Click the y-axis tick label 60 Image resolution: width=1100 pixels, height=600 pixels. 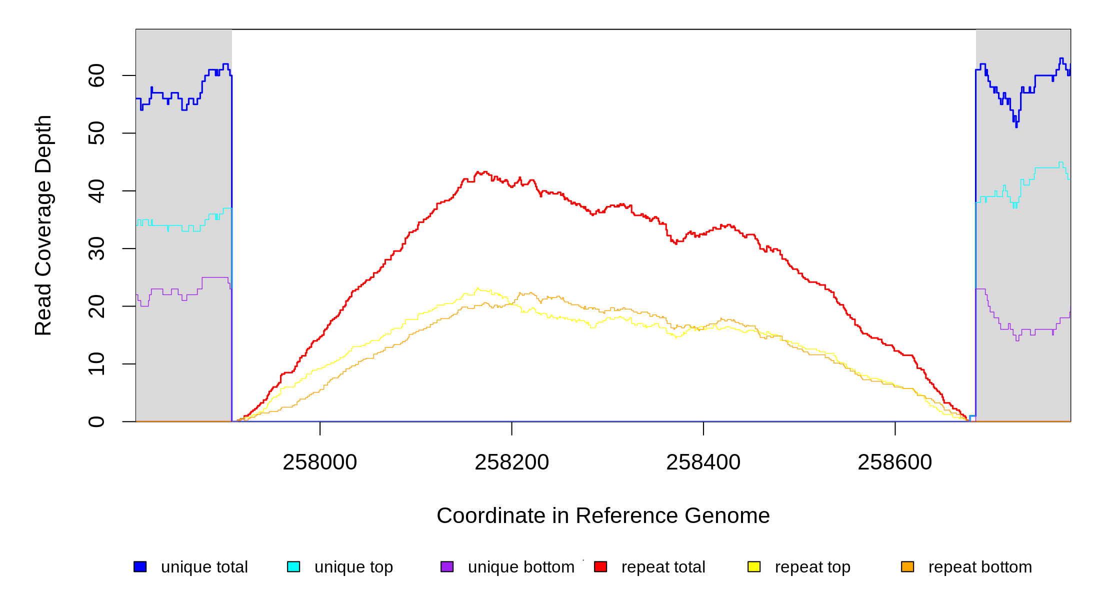(x=96, y=75)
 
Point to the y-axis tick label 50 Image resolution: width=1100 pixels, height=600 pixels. (x=96, y=133)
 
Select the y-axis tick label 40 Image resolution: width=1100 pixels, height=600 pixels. (x=96, y=191)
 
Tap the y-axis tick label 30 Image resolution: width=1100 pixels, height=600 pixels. (x=96, y=248)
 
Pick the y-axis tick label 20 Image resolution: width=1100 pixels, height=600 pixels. (x=96, y=306)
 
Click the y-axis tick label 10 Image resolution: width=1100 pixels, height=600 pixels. (x=96, y=364)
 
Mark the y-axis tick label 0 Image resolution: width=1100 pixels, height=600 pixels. (x=96, y=421)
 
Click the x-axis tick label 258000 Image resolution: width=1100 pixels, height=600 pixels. (x=320, y=462)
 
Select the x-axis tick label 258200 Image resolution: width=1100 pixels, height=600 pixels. (x=511, y=462)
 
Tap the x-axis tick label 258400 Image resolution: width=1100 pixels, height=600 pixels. (x=703, y=462)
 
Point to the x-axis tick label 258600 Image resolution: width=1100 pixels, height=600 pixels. (x=894, y=462)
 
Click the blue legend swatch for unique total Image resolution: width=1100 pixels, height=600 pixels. (x=140, y=566)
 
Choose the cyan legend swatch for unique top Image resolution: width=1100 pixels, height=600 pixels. (x=293, y=566)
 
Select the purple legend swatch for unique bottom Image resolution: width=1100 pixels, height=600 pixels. (x=447, y=566)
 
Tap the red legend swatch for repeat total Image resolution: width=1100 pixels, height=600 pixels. (x=600, y=566)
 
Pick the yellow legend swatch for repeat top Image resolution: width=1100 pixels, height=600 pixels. (x=754, y=566)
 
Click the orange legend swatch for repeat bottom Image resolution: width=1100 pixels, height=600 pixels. (x=907, y=566)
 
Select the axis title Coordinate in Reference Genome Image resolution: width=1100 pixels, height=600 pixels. (x=603, y=515)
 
